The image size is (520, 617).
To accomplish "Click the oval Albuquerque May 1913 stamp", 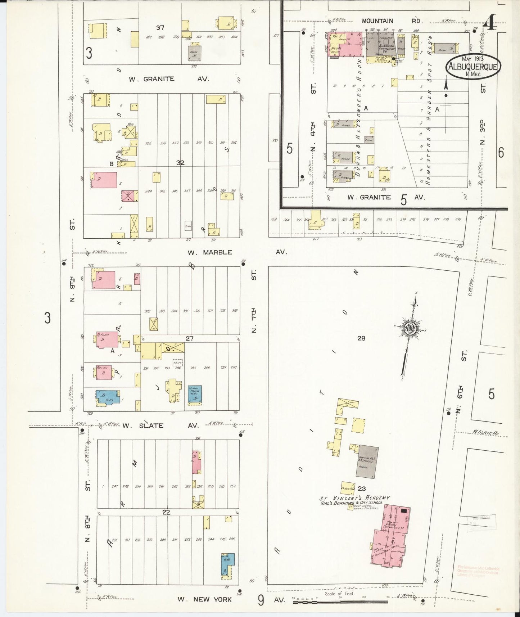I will click(x=474, y=66).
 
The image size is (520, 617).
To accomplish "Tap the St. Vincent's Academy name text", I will click(x=354, y=498).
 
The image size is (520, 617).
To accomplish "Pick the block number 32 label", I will click(x=180, y=163).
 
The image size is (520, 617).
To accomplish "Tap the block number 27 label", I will click(x=189, y=338).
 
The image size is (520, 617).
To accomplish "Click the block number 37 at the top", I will click(x=160, y=27).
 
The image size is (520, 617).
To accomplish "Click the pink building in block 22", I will click(x=196, y=461).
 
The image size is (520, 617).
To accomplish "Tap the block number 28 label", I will click(x=361, y=338).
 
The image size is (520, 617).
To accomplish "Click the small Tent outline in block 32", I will click(x=188, y=225).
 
